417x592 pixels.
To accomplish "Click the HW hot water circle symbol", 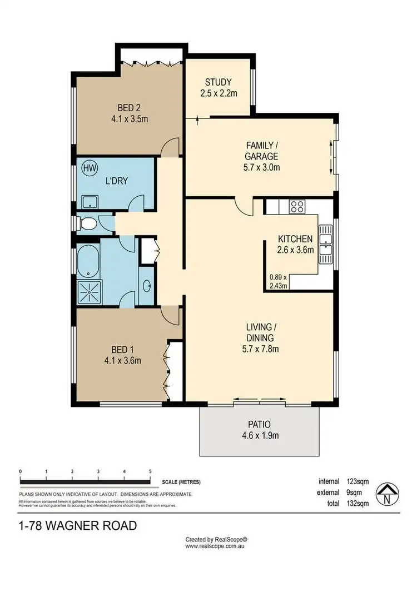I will tap(88, 167).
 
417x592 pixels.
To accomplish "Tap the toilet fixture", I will tap(87, 223).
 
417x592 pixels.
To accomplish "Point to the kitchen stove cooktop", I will tap(296, 207).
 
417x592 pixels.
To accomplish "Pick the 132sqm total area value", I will tap(356, 504).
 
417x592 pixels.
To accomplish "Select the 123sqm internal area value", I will tap(356, 481).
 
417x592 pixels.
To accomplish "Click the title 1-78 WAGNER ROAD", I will tap(77, 525).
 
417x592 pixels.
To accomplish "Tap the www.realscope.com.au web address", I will tap(216, 546).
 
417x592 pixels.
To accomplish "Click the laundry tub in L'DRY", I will tap(88, 201).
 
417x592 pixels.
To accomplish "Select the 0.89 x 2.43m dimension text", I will tap(278, 282).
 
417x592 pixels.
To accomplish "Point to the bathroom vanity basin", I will tap(147, 286).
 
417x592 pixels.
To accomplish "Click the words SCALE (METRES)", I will tap(181, 482).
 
